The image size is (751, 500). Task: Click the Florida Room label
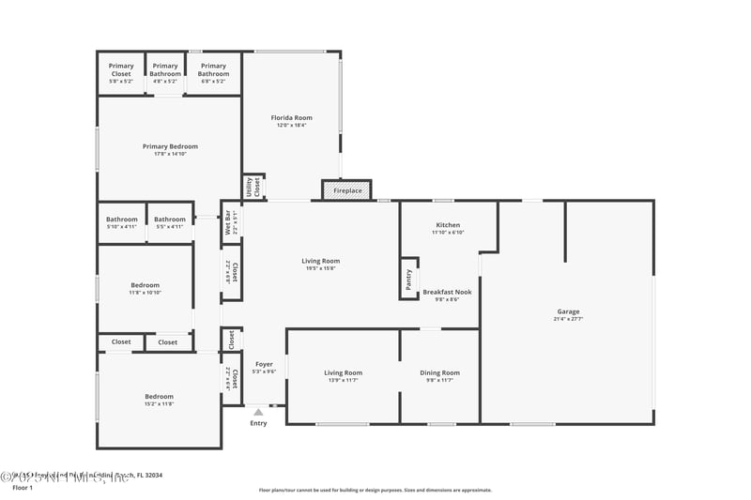pyautogui.click(x=291, y=118)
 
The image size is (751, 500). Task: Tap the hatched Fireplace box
pyautogui.click(x=347, y=190)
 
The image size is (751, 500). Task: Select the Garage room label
pyautogui.click(x=568, y=311)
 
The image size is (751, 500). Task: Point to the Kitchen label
pyautogui.click(x=448, y=225)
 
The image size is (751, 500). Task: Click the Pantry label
pyautogui.click(x=408, y=279)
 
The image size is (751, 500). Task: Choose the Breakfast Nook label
pyautogui.click(x=447, y=292)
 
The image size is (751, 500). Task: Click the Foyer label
pyautogui.click(x=264, y=364)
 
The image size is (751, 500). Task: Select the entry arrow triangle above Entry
pyautogui.click(x=258, y=411)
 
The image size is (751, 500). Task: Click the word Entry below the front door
pyautogui.click(x=258, y=423)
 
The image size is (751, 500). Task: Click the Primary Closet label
pyautogui.click(x=121, y=66)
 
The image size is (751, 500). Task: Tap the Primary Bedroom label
pyautogui.click(x=170, y=146)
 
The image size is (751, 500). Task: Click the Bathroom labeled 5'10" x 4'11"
pyautogui.click(x=121, y=220)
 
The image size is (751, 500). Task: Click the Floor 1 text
pyautogui.click(x=22, y=488)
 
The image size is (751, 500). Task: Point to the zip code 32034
pyautogui.click(x=149, y=476)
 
